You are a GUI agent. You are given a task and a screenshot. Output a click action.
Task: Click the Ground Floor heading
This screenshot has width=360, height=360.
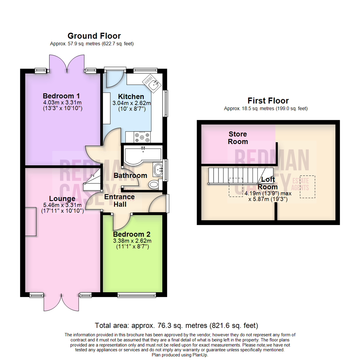pos(94,36)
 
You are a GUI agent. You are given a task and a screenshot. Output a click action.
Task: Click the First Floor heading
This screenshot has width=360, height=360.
pos(268,100)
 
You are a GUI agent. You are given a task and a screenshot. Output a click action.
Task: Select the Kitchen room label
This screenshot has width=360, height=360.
pos(133,97)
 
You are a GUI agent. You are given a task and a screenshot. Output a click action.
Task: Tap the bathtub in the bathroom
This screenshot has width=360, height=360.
pos(142,153)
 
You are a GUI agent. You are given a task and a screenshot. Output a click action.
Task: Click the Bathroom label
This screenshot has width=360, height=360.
pos(130,175)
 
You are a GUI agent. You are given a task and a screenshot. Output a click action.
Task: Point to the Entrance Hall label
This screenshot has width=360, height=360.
pos(119,200)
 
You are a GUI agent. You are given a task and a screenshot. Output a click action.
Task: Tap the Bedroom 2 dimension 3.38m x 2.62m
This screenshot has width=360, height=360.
pos(132,241)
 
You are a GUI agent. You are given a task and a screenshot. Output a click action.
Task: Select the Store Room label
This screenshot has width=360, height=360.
pos(238,138)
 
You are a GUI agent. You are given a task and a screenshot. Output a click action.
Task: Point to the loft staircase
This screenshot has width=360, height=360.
pos(233,176)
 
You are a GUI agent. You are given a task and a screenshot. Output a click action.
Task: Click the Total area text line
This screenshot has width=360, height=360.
pos(176,325)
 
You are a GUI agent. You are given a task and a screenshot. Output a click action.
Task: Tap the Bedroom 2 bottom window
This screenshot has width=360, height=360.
pos(136,295)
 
